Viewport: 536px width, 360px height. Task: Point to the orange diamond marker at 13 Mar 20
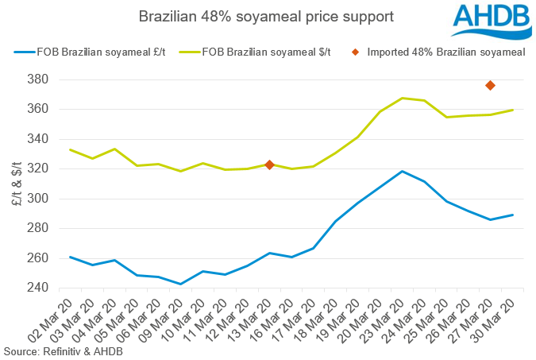click(x=269, y=165)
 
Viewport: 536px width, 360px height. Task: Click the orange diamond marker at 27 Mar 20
click(x=490, y=85)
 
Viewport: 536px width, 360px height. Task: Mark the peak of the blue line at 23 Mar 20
click(x=402, y=171)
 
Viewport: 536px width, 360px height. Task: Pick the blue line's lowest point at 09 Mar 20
click(x=181, y=284)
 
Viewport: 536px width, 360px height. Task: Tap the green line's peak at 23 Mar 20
click(x=402, y=98)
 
